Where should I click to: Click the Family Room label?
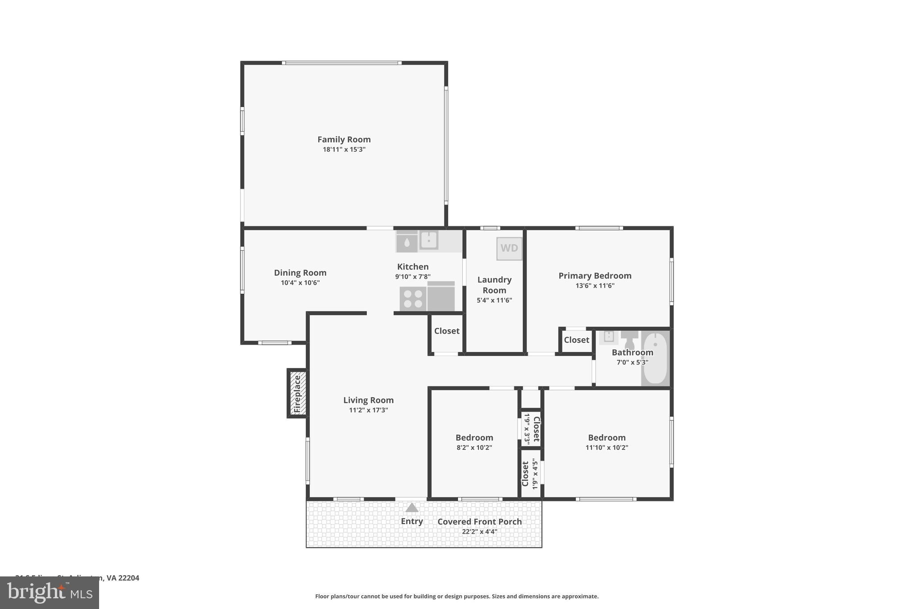tap(344, 140)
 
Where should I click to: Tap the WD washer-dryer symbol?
tap(509, 249)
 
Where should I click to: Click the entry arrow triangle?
tap(411, 508)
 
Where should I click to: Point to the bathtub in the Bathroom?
tap(655, 358)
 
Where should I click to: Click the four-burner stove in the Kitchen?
tap(413, 298)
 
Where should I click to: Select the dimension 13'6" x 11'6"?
tap(595, 286)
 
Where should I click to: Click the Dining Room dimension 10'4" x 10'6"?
tap(300, 283)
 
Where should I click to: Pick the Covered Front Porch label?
tap(479, 522)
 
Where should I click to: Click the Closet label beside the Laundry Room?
tap(447, 331)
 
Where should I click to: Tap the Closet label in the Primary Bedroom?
tap(576, 340)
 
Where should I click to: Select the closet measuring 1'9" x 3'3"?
tap(532, 428)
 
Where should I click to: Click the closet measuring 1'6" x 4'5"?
tap(531, 474)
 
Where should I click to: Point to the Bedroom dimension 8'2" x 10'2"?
tap(474, 447)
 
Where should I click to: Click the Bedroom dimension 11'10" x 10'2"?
tap(607, 447)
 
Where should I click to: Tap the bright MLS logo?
tap(49, 593)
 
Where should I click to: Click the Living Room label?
tap(368, 400)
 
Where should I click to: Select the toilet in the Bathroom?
tap(629, 340)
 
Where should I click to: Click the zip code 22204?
tap(129, 578)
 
